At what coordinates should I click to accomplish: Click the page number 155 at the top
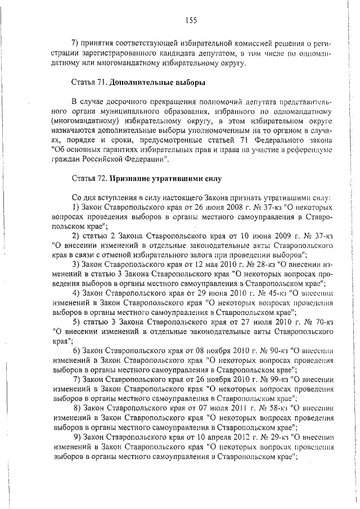pos(190,21)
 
